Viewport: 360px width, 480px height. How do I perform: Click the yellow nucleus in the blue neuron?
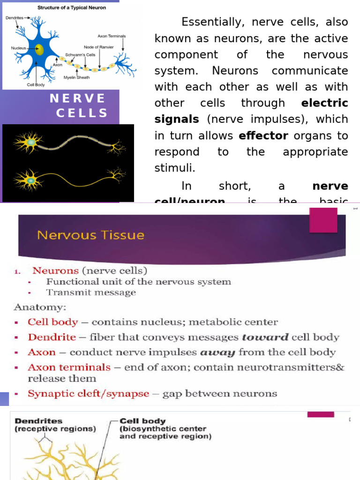(x=40, y=50)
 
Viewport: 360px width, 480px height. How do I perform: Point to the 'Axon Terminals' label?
(x=112, y=36)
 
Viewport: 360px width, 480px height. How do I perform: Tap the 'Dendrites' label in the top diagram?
(x=14, y=18)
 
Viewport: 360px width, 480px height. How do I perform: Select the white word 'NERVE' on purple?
(x=77, y=98)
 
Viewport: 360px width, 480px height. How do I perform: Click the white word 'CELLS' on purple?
(x=82, y=113)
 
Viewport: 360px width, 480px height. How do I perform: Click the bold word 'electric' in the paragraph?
(x=324, y=103)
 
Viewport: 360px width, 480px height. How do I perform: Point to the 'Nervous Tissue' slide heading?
(x=90, y=235)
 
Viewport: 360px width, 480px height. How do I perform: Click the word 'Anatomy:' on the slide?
(x=40, y=307)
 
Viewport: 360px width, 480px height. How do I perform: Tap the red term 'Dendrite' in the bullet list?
(x=52, y=337)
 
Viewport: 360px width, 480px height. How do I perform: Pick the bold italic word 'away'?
(x=217, y=352)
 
